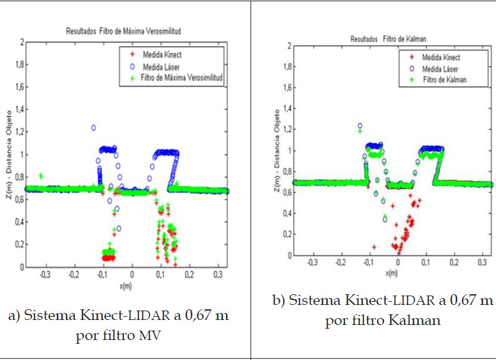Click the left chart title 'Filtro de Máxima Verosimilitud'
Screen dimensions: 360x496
[x=128, y=30]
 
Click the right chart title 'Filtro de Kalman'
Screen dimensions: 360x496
[x=388, y=39]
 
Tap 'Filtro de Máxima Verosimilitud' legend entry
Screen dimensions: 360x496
[x=180, y=77]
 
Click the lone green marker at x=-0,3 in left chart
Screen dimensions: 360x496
[x=41, y=176]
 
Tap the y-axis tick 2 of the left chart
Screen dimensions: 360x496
[x=21, y=42]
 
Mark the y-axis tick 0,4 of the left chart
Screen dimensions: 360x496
[x=19, y=222]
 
